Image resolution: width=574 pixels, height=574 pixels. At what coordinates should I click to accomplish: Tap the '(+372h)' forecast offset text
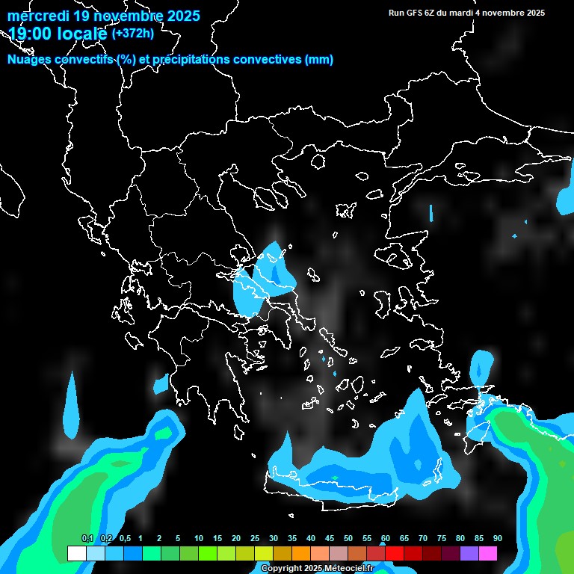132,33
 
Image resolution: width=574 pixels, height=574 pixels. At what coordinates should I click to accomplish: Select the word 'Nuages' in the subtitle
30,60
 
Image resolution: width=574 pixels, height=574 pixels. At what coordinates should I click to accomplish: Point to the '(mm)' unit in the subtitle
318,60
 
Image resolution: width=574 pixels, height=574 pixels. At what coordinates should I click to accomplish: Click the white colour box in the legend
76,554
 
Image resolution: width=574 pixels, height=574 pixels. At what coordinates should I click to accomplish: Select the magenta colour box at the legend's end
488,554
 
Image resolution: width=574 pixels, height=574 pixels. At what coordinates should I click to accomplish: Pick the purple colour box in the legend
469,554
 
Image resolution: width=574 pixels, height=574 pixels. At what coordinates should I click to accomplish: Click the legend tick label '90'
497,538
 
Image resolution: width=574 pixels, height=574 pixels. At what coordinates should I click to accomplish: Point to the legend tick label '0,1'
87,538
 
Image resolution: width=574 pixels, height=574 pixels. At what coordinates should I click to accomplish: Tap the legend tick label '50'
348,538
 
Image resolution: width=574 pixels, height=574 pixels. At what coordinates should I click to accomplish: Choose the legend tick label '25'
255,538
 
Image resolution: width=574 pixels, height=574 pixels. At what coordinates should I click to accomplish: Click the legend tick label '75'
442,538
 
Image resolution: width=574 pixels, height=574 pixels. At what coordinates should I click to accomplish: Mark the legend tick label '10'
199,538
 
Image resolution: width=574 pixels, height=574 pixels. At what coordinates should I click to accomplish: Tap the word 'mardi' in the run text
461,13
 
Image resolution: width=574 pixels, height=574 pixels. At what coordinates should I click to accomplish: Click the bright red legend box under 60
395,554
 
